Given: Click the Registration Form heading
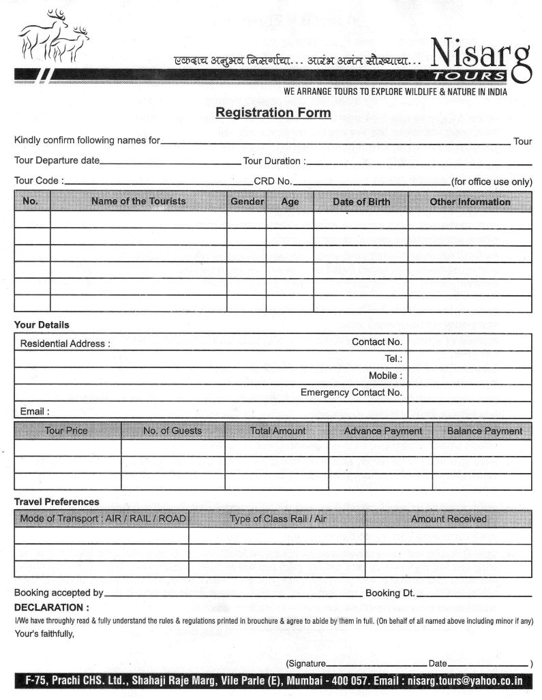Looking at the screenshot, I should (273, 112).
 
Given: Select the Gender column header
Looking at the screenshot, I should (247, 202).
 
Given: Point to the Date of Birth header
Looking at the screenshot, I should (361, 202).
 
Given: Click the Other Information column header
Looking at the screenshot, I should (469, 202).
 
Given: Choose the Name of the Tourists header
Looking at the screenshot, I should (138, 201).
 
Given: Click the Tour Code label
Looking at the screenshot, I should (39, 181).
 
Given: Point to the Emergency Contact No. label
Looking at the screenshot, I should (351, 393).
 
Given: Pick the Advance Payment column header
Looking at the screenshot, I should (382, 431).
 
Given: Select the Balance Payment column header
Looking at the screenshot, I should (484, 431).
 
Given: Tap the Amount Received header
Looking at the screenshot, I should (448, 519).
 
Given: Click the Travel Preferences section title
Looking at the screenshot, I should (57, 502).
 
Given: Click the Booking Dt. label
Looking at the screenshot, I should (389, 593).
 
